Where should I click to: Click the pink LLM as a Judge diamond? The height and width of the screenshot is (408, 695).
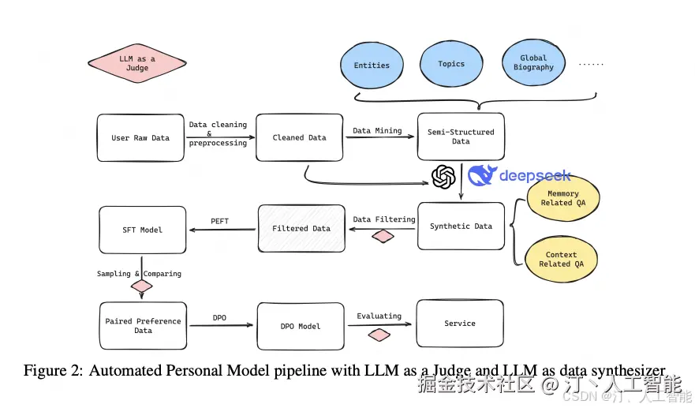(137, 64)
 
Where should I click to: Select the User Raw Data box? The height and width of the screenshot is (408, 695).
(140, 138)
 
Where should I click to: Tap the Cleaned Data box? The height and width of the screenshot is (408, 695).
(299, 138)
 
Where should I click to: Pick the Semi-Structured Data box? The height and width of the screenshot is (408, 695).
(461, 137)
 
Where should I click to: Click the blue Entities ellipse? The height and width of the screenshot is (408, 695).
(372, 66)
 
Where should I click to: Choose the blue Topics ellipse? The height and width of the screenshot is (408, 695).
(451, 64)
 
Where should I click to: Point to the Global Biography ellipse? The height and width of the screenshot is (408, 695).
(533, 63)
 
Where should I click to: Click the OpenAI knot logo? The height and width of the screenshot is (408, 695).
(444, 177)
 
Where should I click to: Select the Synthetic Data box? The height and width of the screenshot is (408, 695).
(461, 226)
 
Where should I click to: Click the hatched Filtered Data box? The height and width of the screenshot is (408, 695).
(301, 229)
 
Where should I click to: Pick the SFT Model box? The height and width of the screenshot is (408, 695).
(143, 230)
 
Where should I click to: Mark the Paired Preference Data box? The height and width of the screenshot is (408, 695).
(143, 326)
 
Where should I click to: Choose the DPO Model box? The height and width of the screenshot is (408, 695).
(300, 326)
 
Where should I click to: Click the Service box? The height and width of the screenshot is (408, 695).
(460, 324)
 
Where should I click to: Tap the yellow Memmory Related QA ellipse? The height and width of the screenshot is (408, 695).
(562, 198)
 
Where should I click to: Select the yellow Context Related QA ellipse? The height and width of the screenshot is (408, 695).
(561, 260)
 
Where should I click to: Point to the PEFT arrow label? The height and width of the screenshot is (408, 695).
(220, 221)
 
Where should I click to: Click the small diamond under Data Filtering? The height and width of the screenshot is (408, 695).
(383, 236)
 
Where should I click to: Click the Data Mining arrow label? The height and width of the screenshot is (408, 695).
(377, 131)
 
